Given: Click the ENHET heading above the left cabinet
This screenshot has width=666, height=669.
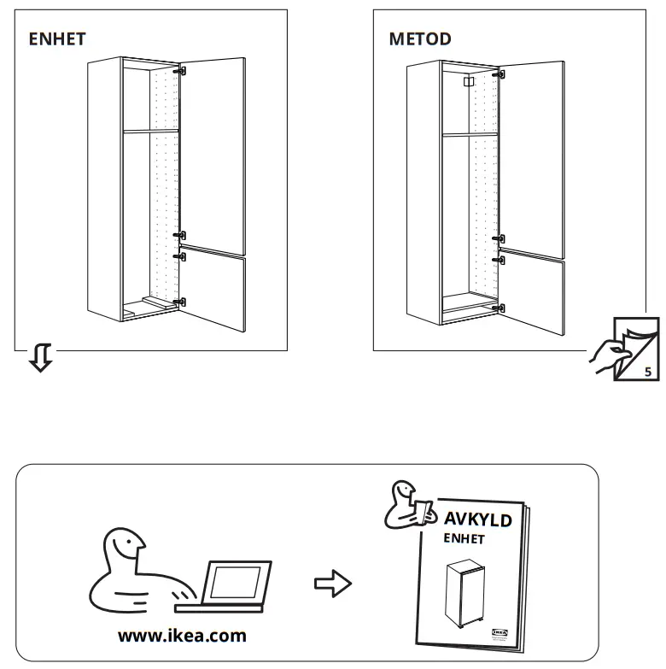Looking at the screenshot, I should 57,39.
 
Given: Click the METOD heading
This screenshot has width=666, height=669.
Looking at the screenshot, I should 419,39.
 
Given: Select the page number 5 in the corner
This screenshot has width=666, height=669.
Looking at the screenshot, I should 646,372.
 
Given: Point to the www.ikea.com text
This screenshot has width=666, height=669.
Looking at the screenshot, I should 181,636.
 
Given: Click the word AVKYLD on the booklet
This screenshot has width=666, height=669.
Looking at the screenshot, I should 477,520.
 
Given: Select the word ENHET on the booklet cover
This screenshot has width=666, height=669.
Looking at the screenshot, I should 463,539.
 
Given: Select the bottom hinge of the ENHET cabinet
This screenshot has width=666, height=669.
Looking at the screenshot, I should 179,301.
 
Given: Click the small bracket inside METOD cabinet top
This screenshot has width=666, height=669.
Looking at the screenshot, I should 466,82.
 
